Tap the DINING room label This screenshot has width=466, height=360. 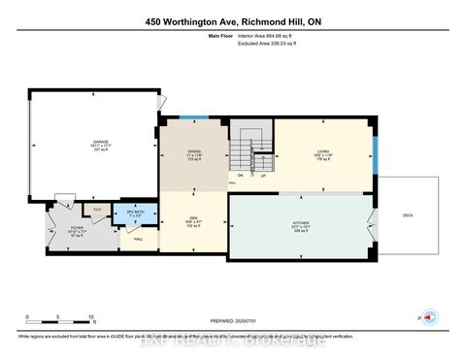tap(193, 150)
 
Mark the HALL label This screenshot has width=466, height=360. tap(139, 239)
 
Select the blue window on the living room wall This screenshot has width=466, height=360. tap(375, 152)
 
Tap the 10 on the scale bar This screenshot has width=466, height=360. tap(91, 317)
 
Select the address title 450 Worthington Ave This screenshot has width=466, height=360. tap(232, 20)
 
